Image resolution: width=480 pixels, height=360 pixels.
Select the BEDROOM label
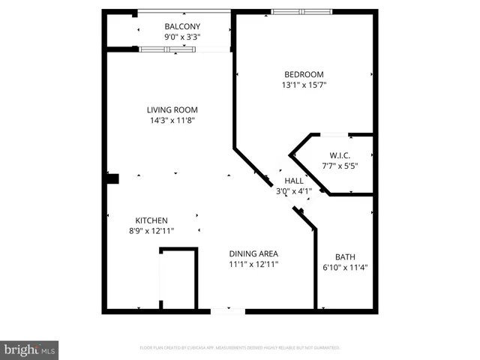click(x=304, y=74)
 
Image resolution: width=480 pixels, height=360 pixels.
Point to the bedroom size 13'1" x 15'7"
click(x=304, y=85)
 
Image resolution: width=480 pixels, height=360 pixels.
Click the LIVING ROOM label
click(x=172, y=109)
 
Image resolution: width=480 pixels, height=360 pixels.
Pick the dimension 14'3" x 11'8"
click(x=172, y=120)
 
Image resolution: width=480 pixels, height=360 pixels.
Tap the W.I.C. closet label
click(x=340, y=155)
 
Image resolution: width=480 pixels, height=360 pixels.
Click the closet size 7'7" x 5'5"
click(x=340, y=166)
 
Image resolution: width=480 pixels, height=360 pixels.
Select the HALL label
click(x=293, y=181)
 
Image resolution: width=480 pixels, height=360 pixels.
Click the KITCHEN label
click(x=151, y=220)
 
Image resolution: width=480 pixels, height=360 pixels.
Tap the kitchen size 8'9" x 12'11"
click(x=151, y=230)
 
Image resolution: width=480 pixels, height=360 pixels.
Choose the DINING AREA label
click(x=254, y=253)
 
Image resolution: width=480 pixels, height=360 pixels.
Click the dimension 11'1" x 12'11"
click(x=254, y=264)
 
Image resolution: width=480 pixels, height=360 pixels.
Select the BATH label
click(x=345, y=256)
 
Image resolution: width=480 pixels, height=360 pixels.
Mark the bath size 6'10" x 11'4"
click(x=345, y=267)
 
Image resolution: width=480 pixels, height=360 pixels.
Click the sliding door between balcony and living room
click(x=168, y=49)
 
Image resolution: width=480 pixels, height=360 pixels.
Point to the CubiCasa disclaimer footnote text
click(x=240, y=348)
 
